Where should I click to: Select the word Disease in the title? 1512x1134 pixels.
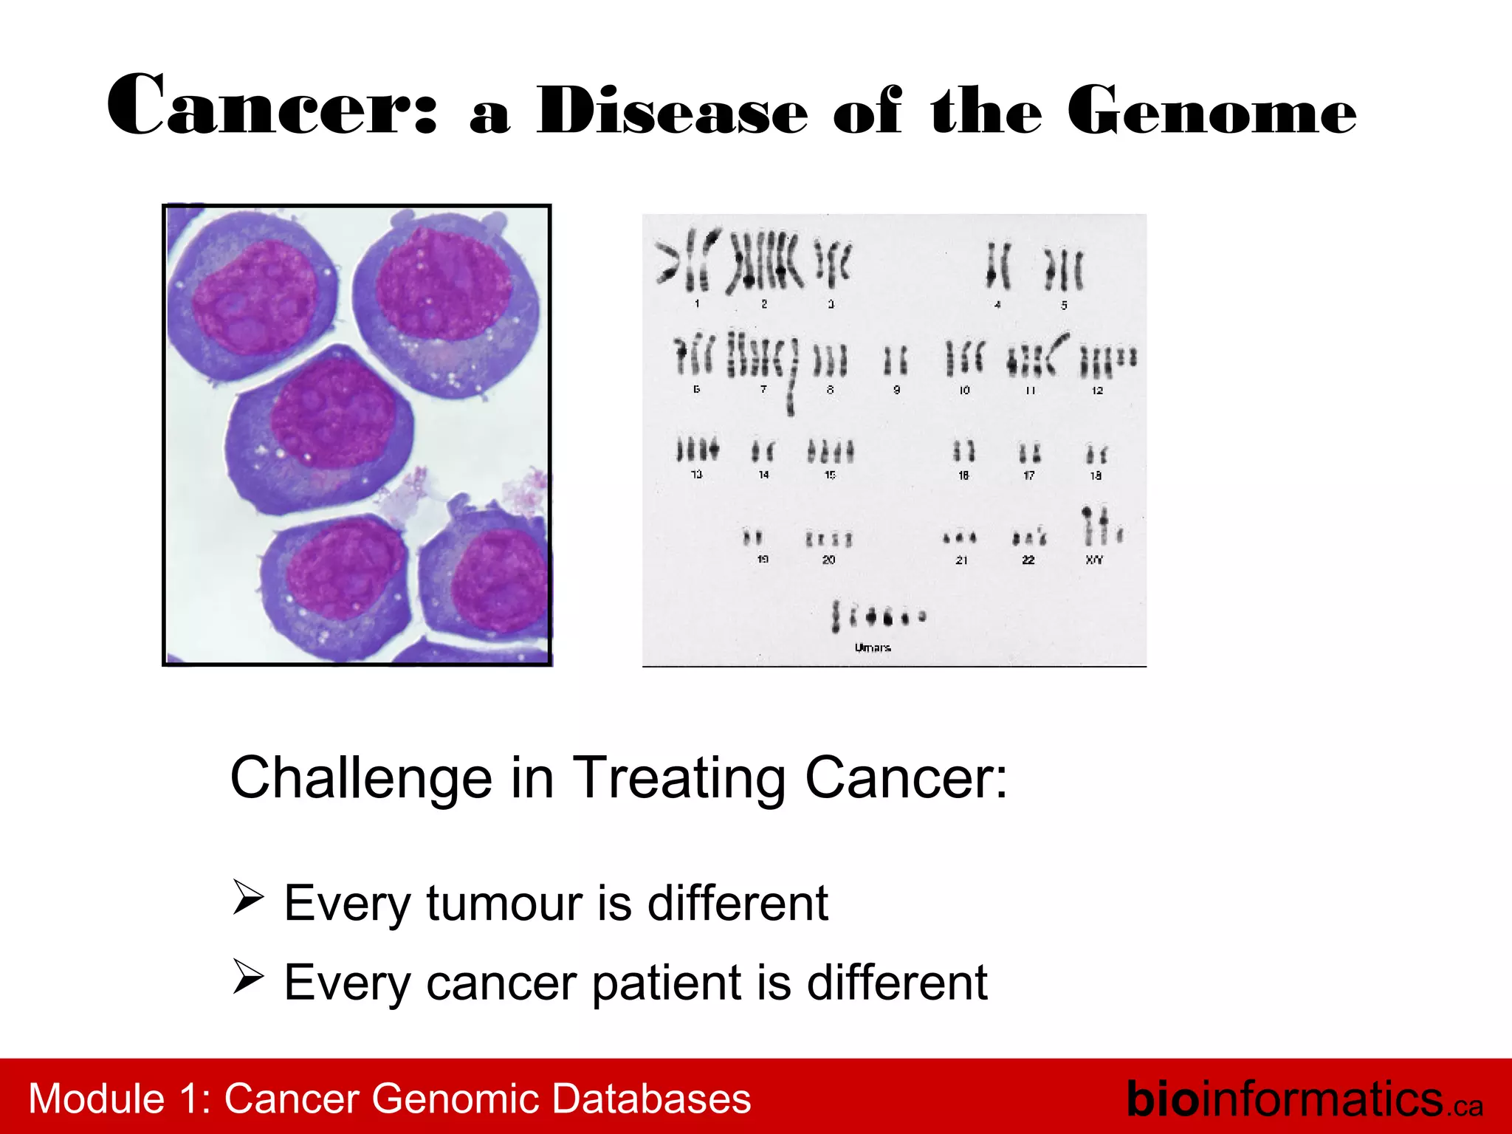tap(672, 111)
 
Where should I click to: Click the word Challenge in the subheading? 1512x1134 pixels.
tap(361, 778)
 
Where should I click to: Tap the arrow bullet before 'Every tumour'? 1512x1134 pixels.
tap(248, 897)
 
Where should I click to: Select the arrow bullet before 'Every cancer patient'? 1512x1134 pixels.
tap(248, 977)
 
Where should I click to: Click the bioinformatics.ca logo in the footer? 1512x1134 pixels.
tap(1303, 1099)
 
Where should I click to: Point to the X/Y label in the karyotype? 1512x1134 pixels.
tap(1094, 560)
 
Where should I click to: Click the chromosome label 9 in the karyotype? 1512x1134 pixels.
tap(896, 390)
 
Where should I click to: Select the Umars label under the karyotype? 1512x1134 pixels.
tap(873, 647)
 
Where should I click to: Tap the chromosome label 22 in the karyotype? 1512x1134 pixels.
tap(1028, 560)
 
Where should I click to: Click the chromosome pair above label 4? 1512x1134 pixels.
tap(998, 266)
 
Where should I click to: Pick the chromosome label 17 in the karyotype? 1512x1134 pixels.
tap(1028, 475)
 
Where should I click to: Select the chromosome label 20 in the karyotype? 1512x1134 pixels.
tap(828, 560)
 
